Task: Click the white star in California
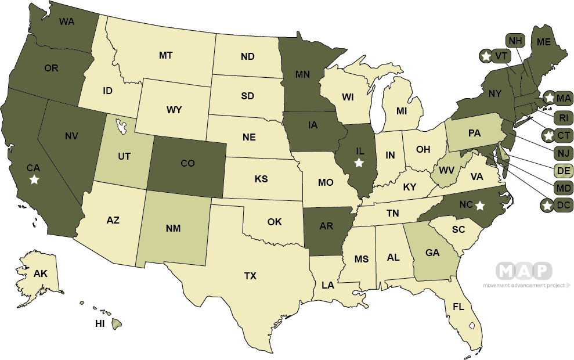coord(34,180)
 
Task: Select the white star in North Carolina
coord(480,205)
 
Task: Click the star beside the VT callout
coord(486,56)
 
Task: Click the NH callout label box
coord(515,41)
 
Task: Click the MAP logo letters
coord(524,271)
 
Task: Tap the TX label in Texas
coord(250,276)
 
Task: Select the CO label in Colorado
coord(187,164)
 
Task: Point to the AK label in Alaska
coord(40,273)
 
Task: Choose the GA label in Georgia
coord(431,253)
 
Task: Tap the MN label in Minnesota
coord(302,74)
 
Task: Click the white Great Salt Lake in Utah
coord(121,124)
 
